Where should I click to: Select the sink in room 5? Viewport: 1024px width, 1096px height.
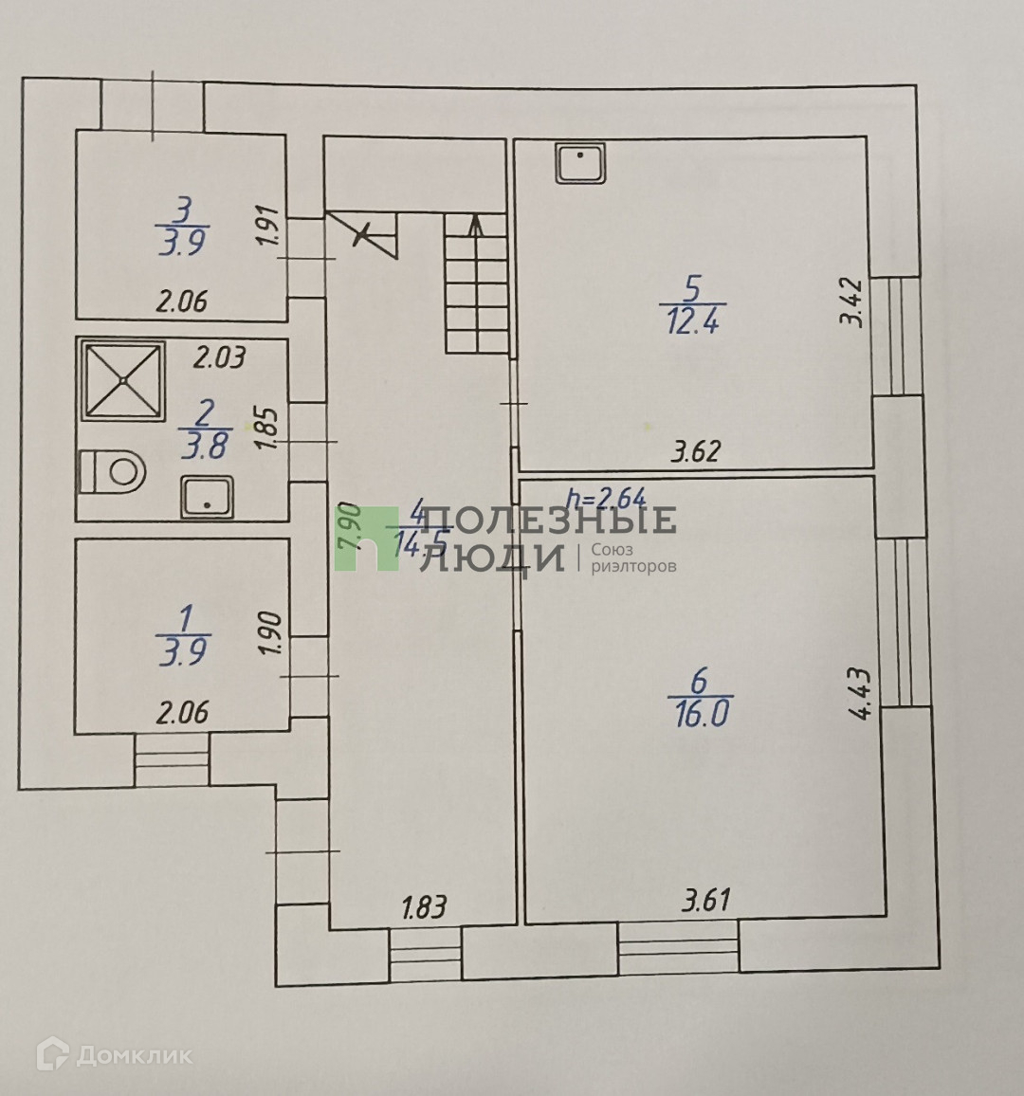tap(581, 165)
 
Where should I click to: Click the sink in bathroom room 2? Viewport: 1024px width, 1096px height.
tap(207, 498)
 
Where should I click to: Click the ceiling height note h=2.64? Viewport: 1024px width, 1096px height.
tap(605, 497)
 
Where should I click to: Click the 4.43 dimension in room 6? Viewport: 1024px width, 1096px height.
tap(862, 693)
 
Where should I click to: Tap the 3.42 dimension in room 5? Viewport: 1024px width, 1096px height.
tap(851, 301)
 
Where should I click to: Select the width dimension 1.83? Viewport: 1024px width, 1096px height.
tap(423, 907)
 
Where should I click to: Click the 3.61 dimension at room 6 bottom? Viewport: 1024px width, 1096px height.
tap(706, 899)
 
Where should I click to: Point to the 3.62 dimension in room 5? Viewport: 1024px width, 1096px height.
tap(695, 451)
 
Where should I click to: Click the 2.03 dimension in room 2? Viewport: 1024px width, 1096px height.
tap(219, 357)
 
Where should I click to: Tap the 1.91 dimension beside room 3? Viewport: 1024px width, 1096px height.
tap(267, 228)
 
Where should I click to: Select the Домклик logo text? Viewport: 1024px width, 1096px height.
tap(133, 1054)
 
